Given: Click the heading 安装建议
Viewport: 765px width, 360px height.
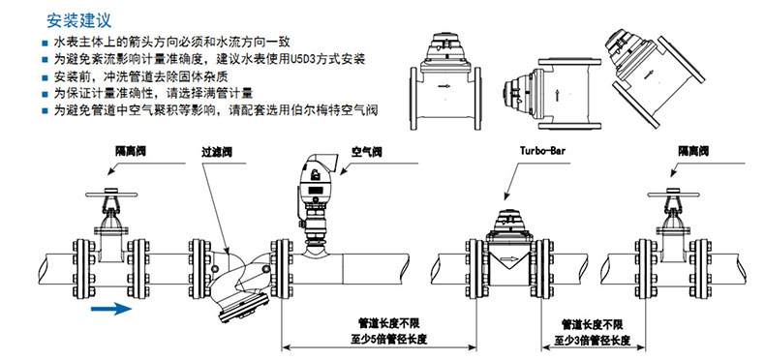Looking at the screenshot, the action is pyautogui.click(x=79, y=20).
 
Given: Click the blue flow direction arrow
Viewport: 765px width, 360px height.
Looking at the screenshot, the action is pyautogui.click(x=111, y=309).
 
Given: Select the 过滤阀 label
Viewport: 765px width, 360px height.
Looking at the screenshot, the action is pyautogui.click(x=216, y=152).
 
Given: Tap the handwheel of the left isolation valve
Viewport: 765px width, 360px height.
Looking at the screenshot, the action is pyautogui.click(x=112, y=195).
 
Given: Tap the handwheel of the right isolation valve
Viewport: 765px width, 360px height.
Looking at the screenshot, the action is pyautogui.click(x=674, y=195).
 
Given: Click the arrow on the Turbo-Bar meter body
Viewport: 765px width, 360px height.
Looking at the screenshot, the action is pyautogui.click(x=509, y=259).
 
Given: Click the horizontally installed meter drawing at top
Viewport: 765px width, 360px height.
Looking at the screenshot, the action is pyautogui.click(x=445, y=82).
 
